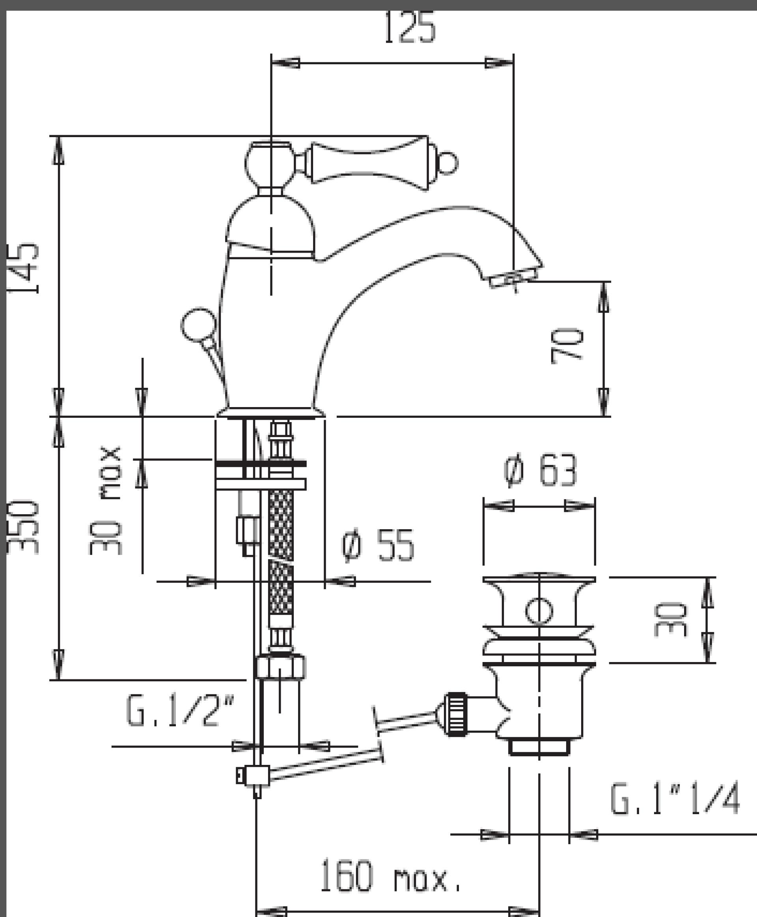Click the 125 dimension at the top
coord(410,28)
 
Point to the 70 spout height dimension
coord(567,346)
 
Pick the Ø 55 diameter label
coord(378,545)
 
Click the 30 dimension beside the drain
coord(670,619)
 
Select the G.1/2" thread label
coord(180,711)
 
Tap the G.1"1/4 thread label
coord(675,798)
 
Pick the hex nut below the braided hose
coord(280,667)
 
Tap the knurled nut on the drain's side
coord(456,715)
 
